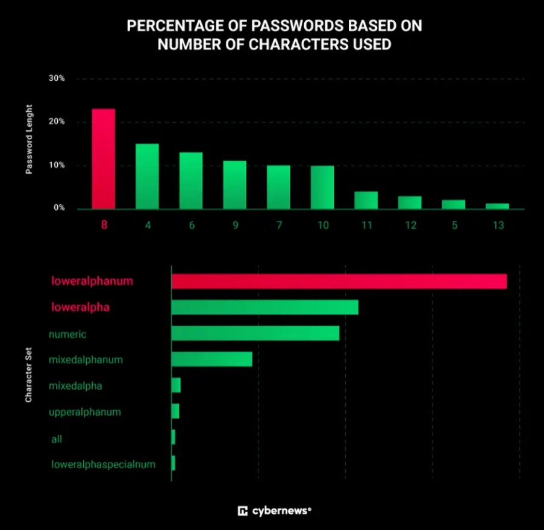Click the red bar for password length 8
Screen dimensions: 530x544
pyautogui.click(x=103, y=159)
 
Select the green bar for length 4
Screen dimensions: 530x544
pyautogui.click(x=147, y=176)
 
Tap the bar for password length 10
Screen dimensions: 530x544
pyautogui.click(x=322, y=187)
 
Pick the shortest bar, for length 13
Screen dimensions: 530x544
pyautogui.click(x=497, y=206)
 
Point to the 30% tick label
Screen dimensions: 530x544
pyautogui.click(x=57, y=79)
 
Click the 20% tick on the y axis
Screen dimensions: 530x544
pyautogui.click(x=57, y=122)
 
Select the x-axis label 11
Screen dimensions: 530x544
pyautogui.click(x=366, y=225)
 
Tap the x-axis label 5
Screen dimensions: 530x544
pyautogui.click(x=453, y=225)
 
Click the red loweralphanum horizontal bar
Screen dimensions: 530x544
pyautogui.click(x=339, y=281)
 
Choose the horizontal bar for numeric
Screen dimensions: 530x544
pyautogui.click(x=255, y=333)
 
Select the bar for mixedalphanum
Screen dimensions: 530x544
pyautogui.click(x=211, y=359)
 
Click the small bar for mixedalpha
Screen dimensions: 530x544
pyautogui.click(x=176, y=385)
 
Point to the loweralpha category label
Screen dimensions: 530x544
pyautogui.click(x=80, y=307)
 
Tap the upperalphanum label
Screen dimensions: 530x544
pyautogui.click(x=85, y=412)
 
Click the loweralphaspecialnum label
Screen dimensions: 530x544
pyautogui.click(x=103, y=464)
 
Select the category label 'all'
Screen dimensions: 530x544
pyautogui.click(x=57, y=439)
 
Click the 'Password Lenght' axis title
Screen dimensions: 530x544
pyautogui.click(x=29, y=140)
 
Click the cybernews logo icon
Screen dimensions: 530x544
pyautogui.click(x=243, y=511)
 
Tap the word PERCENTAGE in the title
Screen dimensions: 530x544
pyautogui.click(x=175, y=26)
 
